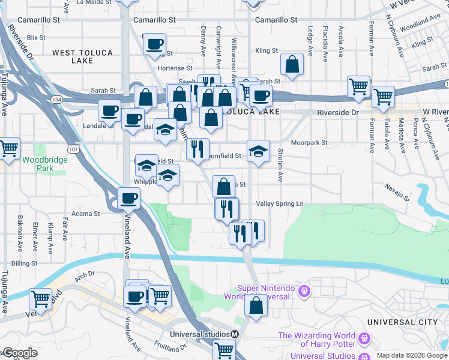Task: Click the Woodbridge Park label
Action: pos(38,164)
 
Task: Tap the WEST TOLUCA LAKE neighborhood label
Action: pos(82,56)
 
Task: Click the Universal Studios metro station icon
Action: pos(235,334)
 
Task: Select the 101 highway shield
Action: pos(73,147)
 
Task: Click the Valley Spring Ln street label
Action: pos(280,204)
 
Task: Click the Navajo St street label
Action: pos(397,192)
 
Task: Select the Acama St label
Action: pos(86,214)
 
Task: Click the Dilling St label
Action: pos(24,263)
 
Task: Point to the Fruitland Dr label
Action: pos(170,346)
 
